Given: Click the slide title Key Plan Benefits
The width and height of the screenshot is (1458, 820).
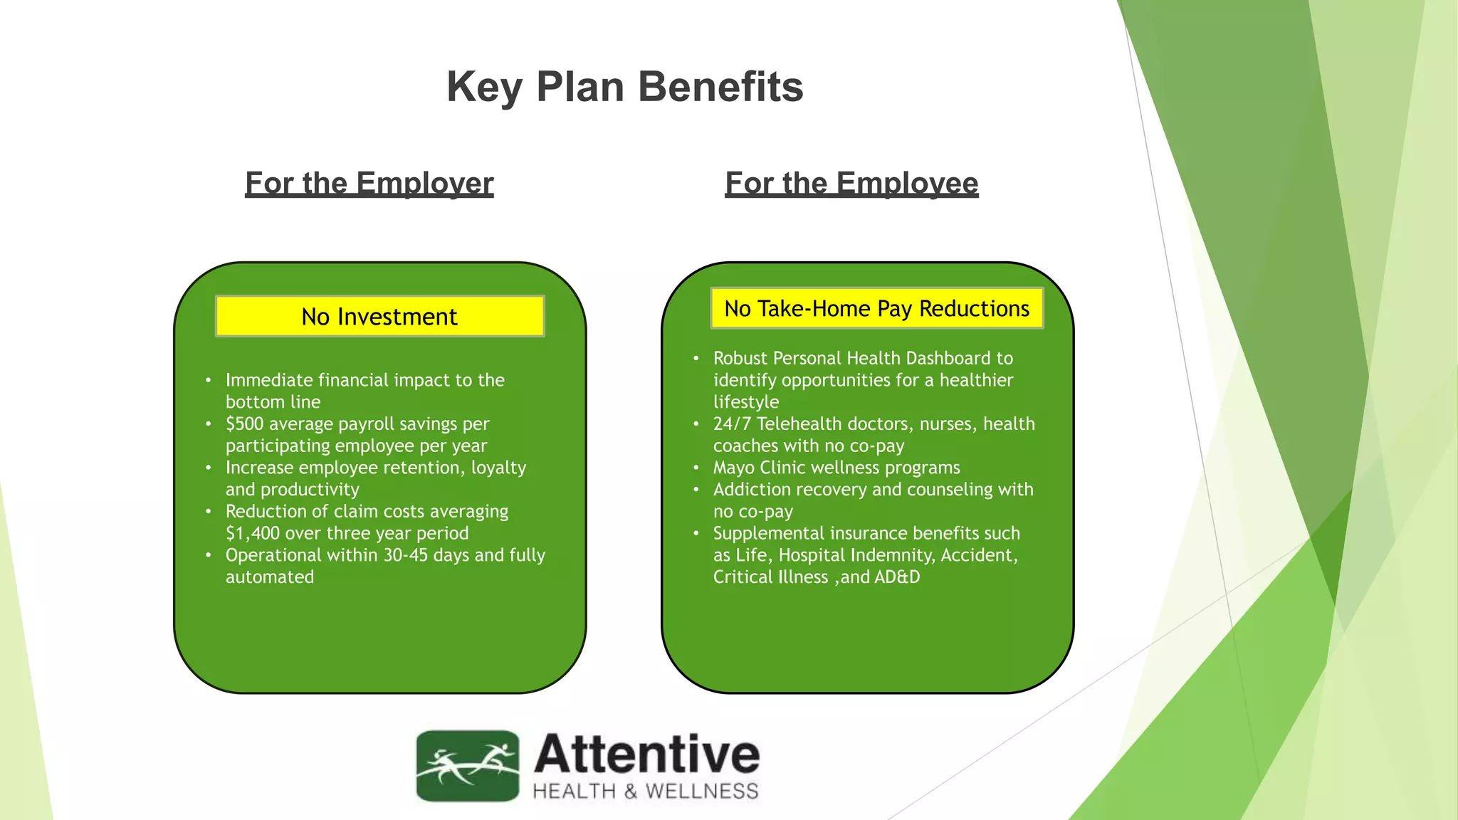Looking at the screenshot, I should tap(624, 87).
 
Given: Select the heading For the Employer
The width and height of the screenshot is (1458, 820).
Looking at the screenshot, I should tap(369, 184).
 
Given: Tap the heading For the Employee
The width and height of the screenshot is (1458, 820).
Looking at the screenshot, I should tap(851, 184).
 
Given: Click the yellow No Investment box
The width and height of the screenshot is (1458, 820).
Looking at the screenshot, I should tap(379, 316).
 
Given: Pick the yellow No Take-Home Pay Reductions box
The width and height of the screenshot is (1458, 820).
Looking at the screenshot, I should tap(876, 308).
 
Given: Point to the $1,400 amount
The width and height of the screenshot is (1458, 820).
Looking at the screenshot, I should tap(252, 533).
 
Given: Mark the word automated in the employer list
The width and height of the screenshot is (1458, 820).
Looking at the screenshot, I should tap(269, 577).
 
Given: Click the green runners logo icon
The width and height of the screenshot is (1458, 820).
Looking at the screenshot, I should tap(467, 766).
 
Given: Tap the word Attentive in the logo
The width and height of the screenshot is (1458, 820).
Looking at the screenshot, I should tap(646, 755).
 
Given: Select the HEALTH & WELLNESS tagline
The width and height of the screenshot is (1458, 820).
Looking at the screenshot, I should tap(645, 792).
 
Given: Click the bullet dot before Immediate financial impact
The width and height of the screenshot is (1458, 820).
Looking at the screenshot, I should tap(208, 381).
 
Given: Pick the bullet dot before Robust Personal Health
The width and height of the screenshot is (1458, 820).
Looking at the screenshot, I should tap(696, 359).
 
